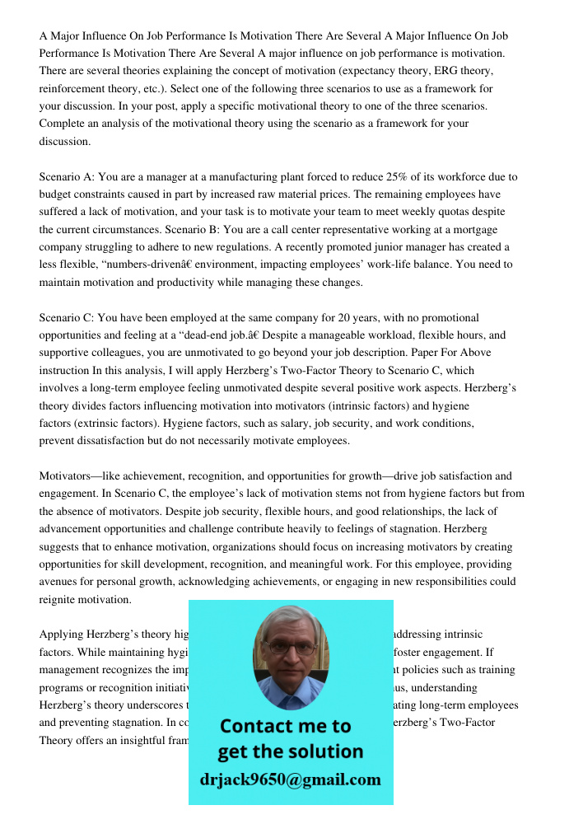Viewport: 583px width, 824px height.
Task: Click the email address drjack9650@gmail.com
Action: (x=291, y=780)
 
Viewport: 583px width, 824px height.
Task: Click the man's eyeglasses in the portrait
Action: (x=292, y=648)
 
